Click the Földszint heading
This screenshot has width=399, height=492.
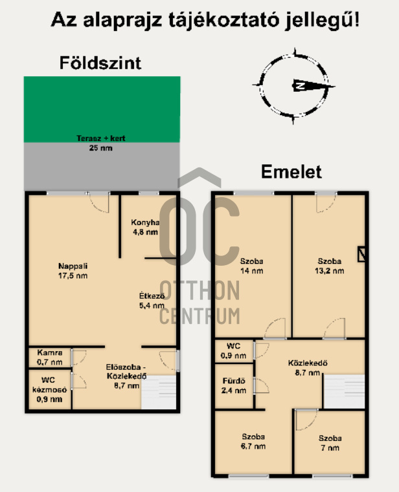click(x=100, y=63)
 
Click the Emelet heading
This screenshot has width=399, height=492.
click(x=291, y=171)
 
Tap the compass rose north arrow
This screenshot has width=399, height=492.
click(x=313, y=85)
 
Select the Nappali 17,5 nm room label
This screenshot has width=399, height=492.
click(x=73, y=271)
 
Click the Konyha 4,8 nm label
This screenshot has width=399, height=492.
click(x=145, y=227)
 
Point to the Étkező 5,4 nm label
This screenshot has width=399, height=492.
click(x=152, y=301)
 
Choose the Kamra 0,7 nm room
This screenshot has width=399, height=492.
click(x=50, y=357)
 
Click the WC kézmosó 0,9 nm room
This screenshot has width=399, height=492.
click(x=50, y=389)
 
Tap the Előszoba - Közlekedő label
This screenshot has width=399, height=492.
click(x=126, y=372)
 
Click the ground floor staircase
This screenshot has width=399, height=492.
click(x=159, y=392)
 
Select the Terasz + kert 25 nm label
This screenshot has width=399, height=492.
click(x=101, y=143)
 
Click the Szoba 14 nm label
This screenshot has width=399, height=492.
click(x=251, y=266)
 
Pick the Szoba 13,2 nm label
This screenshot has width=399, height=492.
click(x=330, y=266)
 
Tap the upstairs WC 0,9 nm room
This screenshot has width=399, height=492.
click(x=234, y=351)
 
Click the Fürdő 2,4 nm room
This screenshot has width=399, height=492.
click(x=234, y=386)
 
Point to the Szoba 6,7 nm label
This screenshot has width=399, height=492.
click(x=253, y=441)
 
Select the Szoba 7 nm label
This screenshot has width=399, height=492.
click(x=330, y=443)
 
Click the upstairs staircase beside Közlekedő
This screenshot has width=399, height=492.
click(x=345, y=391)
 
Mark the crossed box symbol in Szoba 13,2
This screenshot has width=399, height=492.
click(x=361, y=254)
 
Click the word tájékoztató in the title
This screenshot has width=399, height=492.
click(x=223, y=20)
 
